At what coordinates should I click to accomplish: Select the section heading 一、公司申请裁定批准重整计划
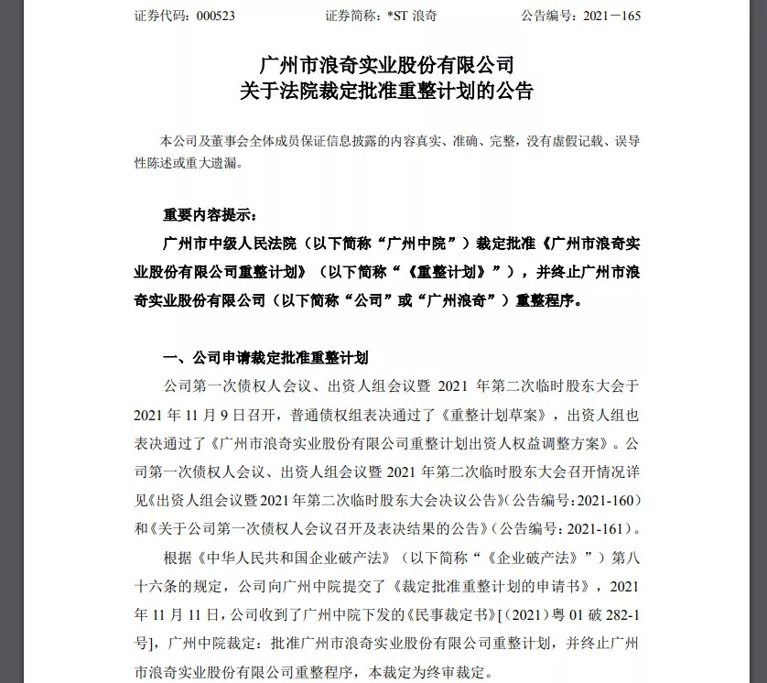point(265,357)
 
